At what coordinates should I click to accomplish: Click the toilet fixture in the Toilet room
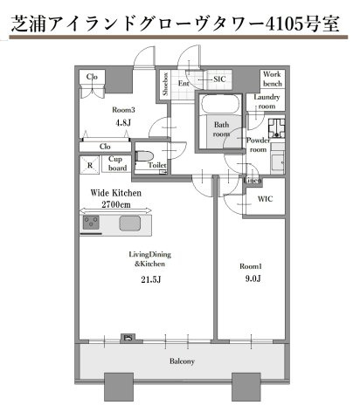click(144, 156)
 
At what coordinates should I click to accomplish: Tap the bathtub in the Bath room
click(220, 103)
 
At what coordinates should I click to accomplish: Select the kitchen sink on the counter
click(130, 223)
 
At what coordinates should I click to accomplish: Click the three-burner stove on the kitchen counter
click(91, 223)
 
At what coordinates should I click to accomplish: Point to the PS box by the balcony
click(128, 339)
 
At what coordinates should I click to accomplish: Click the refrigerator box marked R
click(90, 165)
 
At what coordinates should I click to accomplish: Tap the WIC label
click(265, 199)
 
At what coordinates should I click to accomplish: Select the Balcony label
click(182, 361)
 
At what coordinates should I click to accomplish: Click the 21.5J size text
click(151, 279)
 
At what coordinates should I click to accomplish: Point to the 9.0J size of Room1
click(253, 278)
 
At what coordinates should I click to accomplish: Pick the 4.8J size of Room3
click(123, 122)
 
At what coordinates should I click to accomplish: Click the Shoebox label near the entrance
click(165, 84)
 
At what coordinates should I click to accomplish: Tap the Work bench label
click(273, 79)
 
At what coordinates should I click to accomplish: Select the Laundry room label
click(267, 101)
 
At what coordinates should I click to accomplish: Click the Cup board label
click(117, 163)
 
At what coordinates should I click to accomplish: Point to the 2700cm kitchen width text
click(116, 204)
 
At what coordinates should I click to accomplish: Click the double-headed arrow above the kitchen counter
click(115, 210)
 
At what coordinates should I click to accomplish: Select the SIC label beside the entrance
click(219, 79)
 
